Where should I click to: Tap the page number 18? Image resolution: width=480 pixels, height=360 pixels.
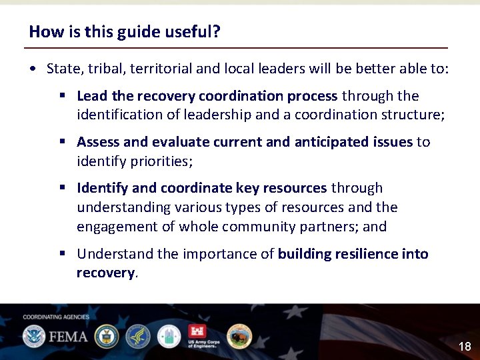click(x=465, y=346)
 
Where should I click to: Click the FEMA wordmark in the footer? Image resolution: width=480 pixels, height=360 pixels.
click(x=67, y=336)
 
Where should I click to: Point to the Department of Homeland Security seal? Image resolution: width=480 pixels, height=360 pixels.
click(x=33, y=336)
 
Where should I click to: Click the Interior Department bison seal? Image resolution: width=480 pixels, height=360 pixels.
click(x=239, y=336)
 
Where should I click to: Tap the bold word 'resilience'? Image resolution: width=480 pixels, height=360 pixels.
click(x=365, y=254)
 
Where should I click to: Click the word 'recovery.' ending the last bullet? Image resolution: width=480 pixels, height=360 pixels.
click(x=107, y=273)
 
